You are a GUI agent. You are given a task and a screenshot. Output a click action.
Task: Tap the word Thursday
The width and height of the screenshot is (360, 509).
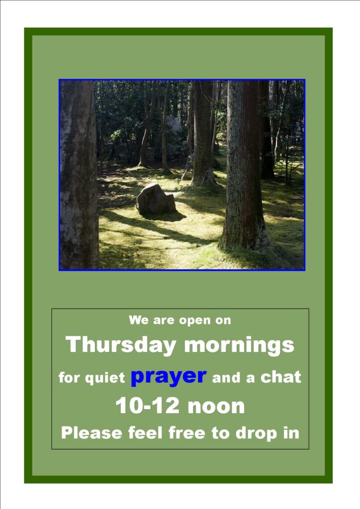tap(121, 345)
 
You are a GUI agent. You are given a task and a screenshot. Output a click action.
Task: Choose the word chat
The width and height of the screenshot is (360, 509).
tap(281, 377)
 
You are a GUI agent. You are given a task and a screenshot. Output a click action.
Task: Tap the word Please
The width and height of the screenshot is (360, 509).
tap(91, 433)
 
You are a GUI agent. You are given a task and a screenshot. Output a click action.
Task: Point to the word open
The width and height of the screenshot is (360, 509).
tap(194, 321)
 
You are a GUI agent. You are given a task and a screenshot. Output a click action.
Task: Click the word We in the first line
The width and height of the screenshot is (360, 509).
tap(139, 320)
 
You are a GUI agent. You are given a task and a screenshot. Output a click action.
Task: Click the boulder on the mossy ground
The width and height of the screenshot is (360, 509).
tap(156, 199)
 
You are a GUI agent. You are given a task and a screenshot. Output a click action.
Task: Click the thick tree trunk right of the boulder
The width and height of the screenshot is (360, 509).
tap(244, 166)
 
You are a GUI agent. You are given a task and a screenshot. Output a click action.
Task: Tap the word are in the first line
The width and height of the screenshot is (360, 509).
tap(164, 321)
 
